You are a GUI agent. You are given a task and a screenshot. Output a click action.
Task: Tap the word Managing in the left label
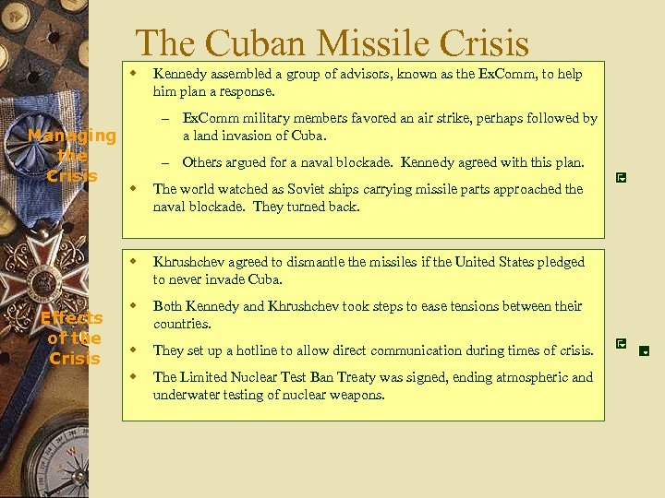(72, 136)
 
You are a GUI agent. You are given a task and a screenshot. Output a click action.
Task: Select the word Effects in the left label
(71, 318)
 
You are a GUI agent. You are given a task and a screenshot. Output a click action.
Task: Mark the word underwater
(186, 395)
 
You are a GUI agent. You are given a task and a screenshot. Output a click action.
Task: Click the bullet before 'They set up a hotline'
(133, 350)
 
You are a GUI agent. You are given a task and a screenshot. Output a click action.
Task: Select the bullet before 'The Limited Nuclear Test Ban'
(133, 375)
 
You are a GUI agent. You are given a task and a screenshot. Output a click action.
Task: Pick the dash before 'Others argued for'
(166, 162)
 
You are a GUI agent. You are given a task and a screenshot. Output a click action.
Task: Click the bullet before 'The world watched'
(133, 188)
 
